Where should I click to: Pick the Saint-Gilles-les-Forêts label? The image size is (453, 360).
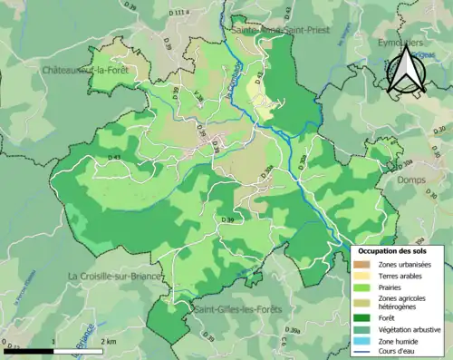[237, 309]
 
